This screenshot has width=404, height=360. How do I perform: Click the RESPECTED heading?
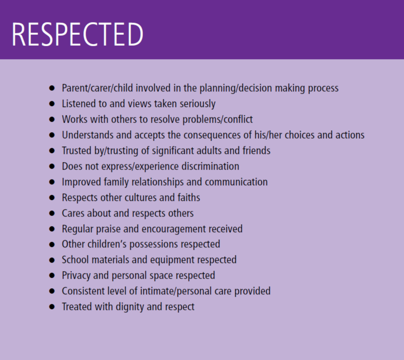coord(77,34)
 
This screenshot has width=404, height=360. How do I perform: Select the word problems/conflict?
coord(217,119)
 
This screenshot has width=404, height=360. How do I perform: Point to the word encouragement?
coord(174,229)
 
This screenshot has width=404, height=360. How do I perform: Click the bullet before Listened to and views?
coord(52,104)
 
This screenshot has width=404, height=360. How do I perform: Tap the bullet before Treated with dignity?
coord(52,307)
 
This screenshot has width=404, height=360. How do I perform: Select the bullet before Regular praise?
coord(52,229)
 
